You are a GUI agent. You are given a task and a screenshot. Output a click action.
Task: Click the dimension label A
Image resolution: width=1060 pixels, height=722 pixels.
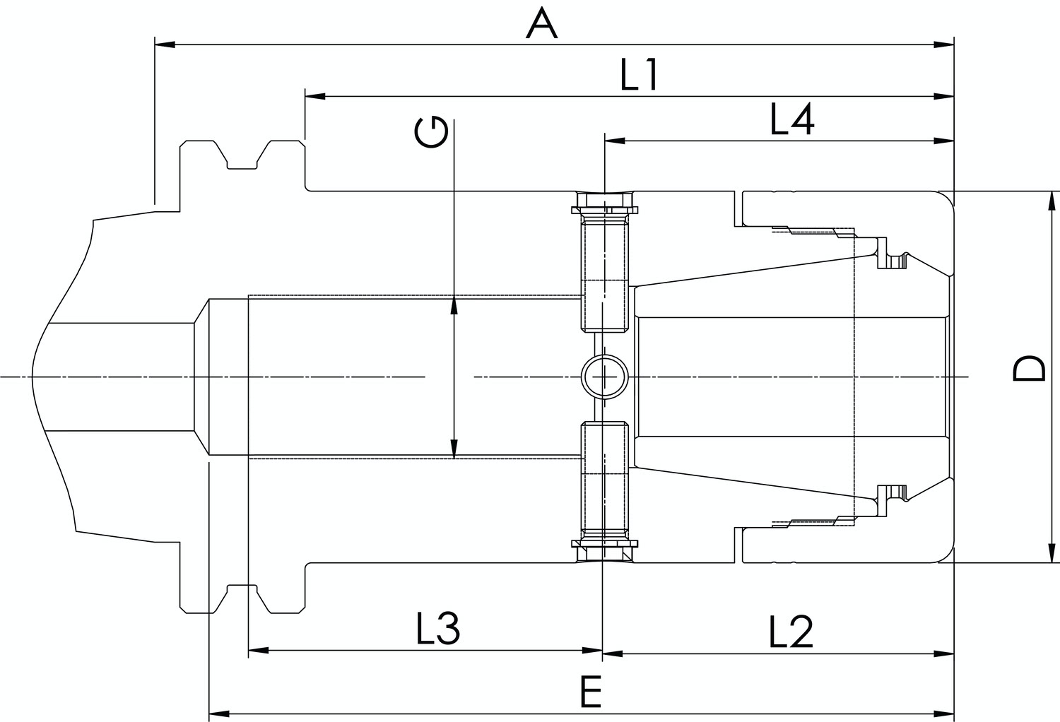(542, 24)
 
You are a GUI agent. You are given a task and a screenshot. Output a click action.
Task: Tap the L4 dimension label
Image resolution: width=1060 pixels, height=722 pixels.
(792, 119)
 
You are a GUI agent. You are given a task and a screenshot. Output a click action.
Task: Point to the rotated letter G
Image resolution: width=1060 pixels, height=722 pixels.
(430, 133)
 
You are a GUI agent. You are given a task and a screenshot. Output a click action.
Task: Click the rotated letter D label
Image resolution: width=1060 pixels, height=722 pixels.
(1029, 369)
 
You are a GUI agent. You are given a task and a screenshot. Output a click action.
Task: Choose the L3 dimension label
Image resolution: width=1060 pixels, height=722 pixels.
(438, 629)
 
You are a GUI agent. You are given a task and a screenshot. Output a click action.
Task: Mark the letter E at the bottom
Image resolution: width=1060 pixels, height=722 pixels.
(591, 692)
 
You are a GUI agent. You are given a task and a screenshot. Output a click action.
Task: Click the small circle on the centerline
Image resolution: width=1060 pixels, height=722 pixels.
(604, 377)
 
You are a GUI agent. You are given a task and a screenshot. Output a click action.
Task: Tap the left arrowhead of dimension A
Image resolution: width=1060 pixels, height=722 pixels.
(165, 45)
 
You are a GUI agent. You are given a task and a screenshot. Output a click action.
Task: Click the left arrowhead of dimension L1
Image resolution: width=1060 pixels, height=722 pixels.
(315, 97)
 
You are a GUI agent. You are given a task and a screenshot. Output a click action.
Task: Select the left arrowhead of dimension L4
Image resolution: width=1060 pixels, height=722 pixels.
(615, 141)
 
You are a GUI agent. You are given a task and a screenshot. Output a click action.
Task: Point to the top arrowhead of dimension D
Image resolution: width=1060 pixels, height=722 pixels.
(1052, 201)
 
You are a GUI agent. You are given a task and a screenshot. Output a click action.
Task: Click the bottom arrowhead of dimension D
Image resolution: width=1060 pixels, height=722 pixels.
(1052, 553)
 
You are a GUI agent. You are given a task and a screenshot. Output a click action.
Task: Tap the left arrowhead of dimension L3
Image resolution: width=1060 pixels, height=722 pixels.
(259, 650)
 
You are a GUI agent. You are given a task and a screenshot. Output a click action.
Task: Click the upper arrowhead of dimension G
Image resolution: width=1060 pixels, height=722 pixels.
(454, 307)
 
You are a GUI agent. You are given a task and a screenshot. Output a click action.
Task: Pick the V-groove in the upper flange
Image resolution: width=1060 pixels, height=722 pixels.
(242, 155)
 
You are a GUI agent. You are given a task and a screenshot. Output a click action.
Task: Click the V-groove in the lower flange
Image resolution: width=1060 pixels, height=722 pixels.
(242, 599)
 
